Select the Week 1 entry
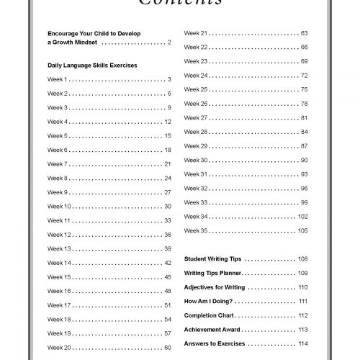pos(58,79)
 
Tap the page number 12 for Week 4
pos(167,122)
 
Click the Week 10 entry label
pos(59,207)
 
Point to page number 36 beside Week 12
pos(167,235)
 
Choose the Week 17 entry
pos(59,305)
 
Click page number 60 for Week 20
pos(167,348)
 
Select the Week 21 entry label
pos(196,33)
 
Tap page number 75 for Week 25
pos(304,89)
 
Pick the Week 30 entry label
pos(196,160)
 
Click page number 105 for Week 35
pos(302,230)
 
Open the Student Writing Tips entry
pos(214,258)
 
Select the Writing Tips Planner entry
pos(213,273)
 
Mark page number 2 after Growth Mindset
pos(168,43)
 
